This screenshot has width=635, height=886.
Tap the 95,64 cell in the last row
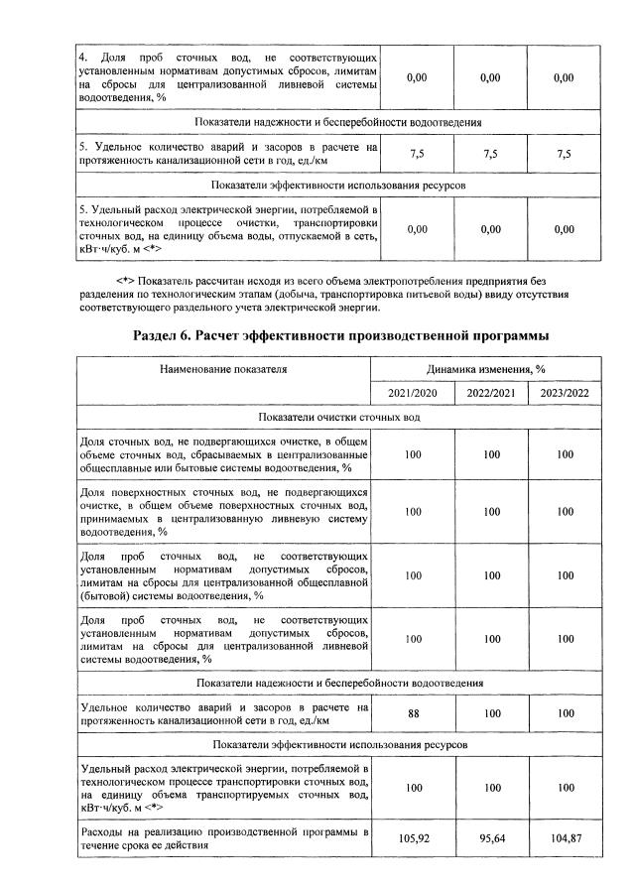490,837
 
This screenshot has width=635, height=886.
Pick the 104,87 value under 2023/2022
564,837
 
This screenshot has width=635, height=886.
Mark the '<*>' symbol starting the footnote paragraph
127,281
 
